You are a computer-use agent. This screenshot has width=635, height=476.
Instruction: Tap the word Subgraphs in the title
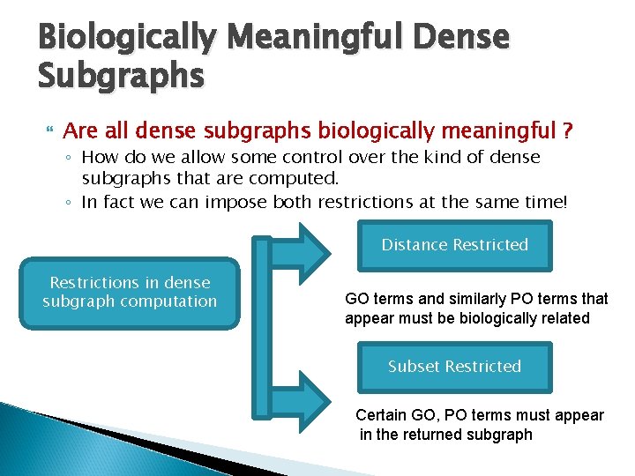click(121, 78)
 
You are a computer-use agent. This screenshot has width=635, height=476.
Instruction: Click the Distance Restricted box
click(454, 245)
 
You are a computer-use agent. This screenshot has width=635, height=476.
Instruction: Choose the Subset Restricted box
click(454, 367)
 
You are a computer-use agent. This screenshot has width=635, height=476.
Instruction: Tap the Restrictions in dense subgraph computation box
click(130, 293)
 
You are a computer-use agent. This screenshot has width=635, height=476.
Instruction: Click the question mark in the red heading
click(567, 132)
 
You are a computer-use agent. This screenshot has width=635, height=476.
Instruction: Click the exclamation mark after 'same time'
click(565, 202)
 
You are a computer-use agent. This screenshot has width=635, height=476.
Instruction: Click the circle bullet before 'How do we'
click(70, 159)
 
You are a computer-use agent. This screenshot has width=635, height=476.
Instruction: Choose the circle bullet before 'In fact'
click(70, 203)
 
